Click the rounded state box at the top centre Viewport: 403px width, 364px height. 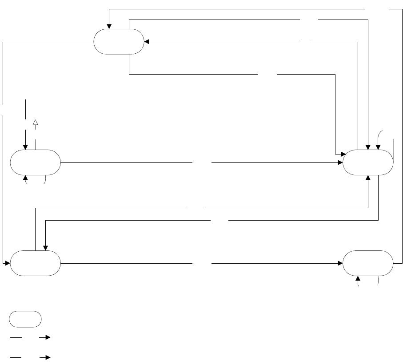[x=119, y=42]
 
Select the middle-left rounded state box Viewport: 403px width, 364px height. [x=36, y=162]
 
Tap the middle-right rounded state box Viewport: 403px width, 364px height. [x=368, y=162]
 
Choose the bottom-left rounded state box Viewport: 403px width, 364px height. [x=36, y=263]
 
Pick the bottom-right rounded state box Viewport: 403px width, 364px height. [x=368, y=263]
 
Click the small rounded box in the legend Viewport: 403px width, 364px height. [x=26, y=319]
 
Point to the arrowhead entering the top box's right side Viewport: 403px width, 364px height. [x=147, y=42]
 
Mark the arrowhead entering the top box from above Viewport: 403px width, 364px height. [x=109, y=26]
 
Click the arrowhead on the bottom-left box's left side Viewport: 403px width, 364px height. [x=8, y=263]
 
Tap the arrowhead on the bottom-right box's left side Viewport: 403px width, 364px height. [x=340, y=263]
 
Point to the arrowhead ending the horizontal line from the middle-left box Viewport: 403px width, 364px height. [x=340, y=162]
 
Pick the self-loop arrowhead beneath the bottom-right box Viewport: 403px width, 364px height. [x=359, y=279]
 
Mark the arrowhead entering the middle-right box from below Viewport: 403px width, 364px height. [x=368, y=178]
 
